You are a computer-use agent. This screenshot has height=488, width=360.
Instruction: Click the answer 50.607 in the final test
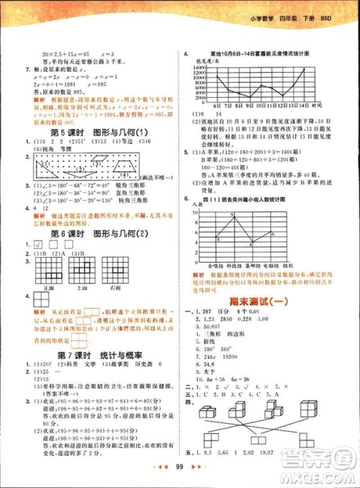click(x=209, y=325)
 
